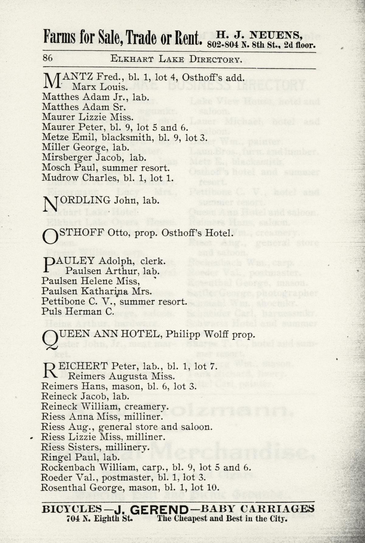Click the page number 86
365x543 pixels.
click(48, 58)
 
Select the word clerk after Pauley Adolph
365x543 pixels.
click(153, 261)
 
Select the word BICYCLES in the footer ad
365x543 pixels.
click(72, 509)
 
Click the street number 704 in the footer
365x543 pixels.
click(73, 519)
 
